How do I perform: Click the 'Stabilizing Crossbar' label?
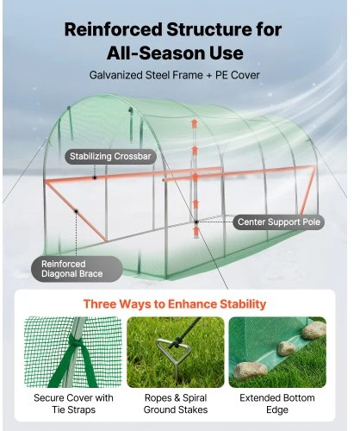click(x=110, y=157)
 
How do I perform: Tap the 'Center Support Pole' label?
click(x=279, y=222)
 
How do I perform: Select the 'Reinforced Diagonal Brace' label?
click(x=77, y=269)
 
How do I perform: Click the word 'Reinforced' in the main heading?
click(x=114, y=29)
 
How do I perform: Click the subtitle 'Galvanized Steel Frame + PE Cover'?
click(x=175, y=75)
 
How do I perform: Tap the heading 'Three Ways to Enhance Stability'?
click(x=175, y=304)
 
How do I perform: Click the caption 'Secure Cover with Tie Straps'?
click(x=73, y=403)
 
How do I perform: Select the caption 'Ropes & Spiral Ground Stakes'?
click(x=176, y=403)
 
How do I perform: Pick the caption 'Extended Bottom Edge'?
click(x=277, y=403)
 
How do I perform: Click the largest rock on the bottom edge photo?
click(x=251, y=370)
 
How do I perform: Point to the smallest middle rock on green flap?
click(x=286, y=348)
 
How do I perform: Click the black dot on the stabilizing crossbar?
click(x=95, y=178)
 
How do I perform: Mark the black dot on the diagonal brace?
click(x=77, y=211)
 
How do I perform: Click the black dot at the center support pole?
click(x=196, y=222)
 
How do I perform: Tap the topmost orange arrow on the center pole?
click(x=195, y=123)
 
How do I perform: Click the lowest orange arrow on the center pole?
click(x=196, y=231)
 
